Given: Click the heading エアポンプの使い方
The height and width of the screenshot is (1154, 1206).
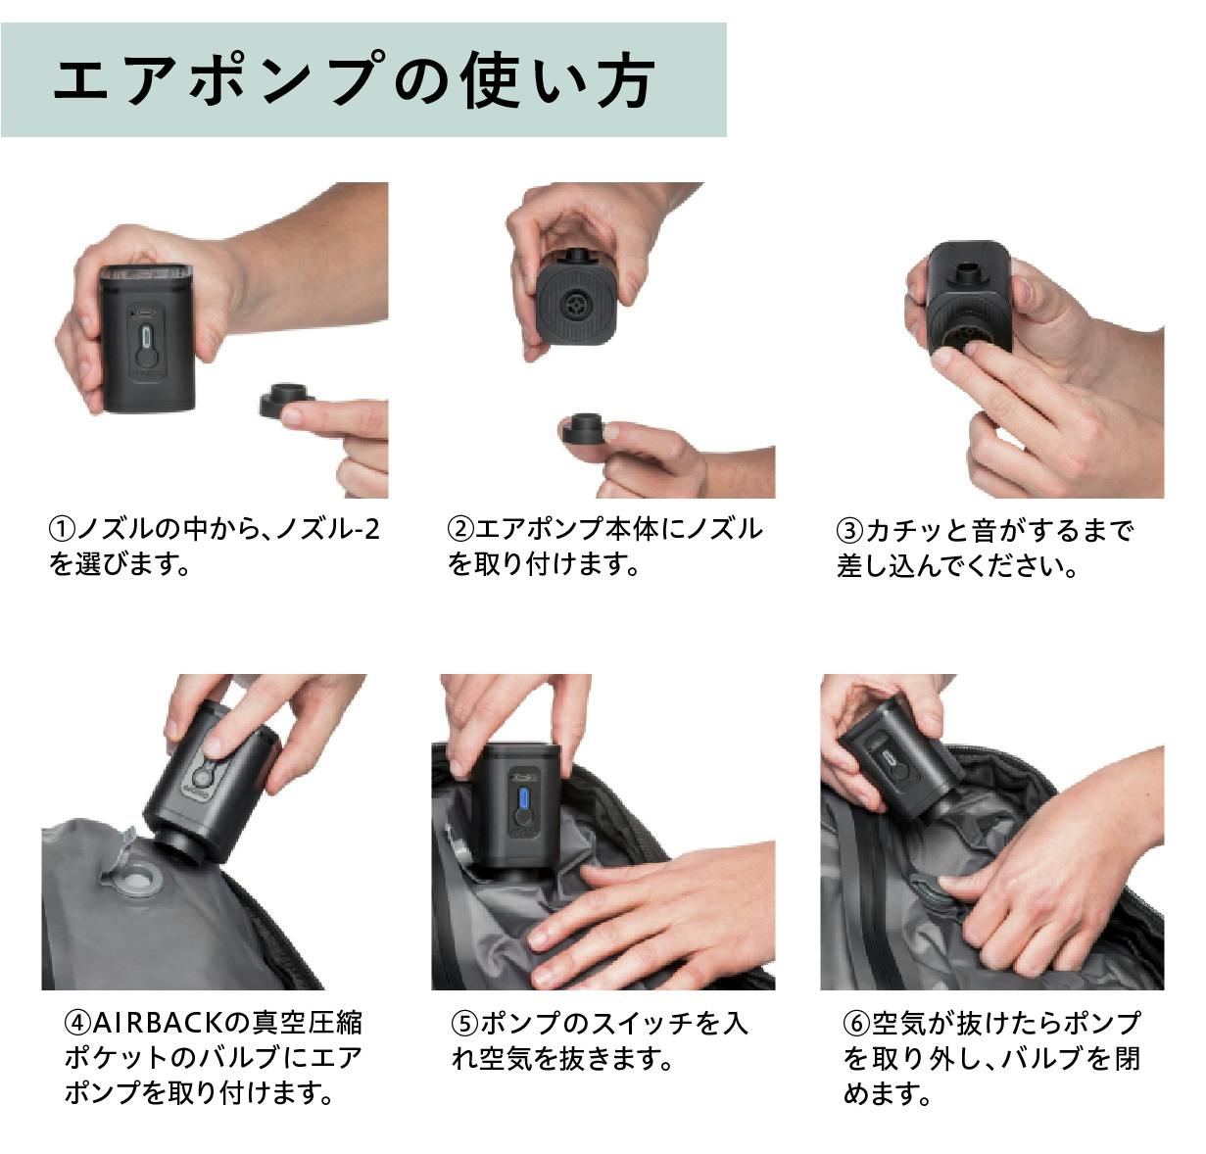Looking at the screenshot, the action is (x=354, y=80).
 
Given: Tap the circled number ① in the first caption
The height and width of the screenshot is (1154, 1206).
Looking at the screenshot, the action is (x=62, y=531).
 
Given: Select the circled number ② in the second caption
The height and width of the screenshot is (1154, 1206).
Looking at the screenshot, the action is (x=459, y=531).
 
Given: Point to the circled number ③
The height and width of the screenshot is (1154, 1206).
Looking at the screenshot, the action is (x=849, y=531).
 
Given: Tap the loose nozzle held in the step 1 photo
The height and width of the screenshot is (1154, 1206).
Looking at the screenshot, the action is (x=284, y=401).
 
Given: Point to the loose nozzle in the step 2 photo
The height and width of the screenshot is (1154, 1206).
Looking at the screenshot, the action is (x=584, y=428).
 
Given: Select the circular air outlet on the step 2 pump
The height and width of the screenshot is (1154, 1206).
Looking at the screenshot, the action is (x=576, y=305).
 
